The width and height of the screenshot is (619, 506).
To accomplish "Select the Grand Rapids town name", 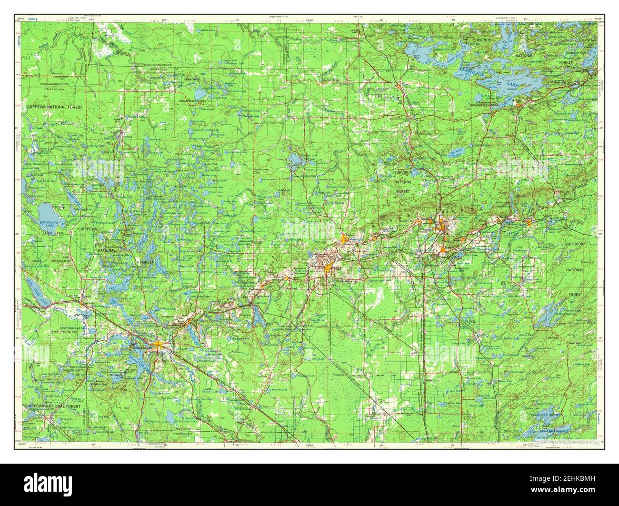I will (143, 346).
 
